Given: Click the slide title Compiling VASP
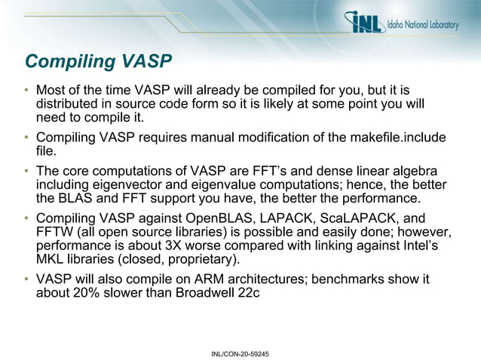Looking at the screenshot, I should pyautogui.click(x=98, y=61).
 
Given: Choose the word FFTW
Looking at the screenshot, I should pyautogui.click(x=54, y=232).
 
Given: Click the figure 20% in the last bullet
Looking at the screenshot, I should pyautogui.click(x=90, y=293).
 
